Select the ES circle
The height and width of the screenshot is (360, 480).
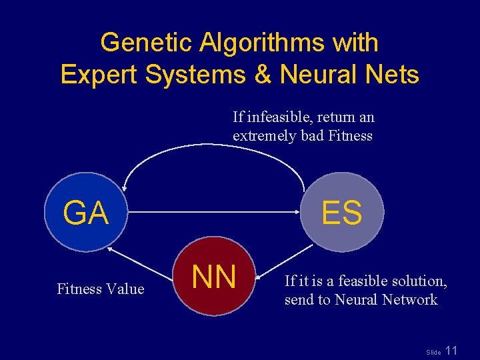tap(342, 212)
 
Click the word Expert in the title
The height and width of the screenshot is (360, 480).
tap(99, 74)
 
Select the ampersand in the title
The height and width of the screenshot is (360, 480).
tap(259, 74)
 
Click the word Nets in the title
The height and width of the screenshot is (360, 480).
tap(393, 74)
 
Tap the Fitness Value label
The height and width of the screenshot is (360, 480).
tap(100, 289)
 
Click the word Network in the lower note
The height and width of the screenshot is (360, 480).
tap(409, 300)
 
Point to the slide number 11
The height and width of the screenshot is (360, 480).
tap(451, 350)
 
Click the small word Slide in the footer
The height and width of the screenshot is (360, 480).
tap(433, 352)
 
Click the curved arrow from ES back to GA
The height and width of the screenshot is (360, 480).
tap(213, 145)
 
